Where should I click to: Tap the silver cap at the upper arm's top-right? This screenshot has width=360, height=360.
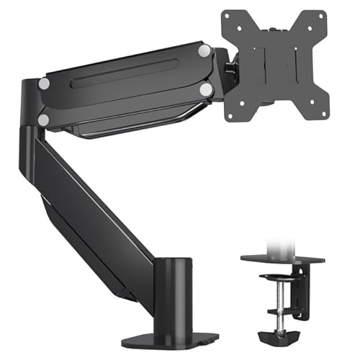(x=204, y=51)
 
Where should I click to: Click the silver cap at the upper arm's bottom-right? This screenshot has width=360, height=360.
(x=206, y=90)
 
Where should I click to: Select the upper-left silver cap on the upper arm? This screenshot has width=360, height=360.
(x=45, y=84)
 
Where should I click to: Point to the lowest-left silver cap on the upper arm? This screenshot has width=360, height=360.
(x=44, y=120)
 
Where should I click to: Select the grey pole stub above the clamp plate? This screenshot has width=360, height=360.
(x=277, y=243)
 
